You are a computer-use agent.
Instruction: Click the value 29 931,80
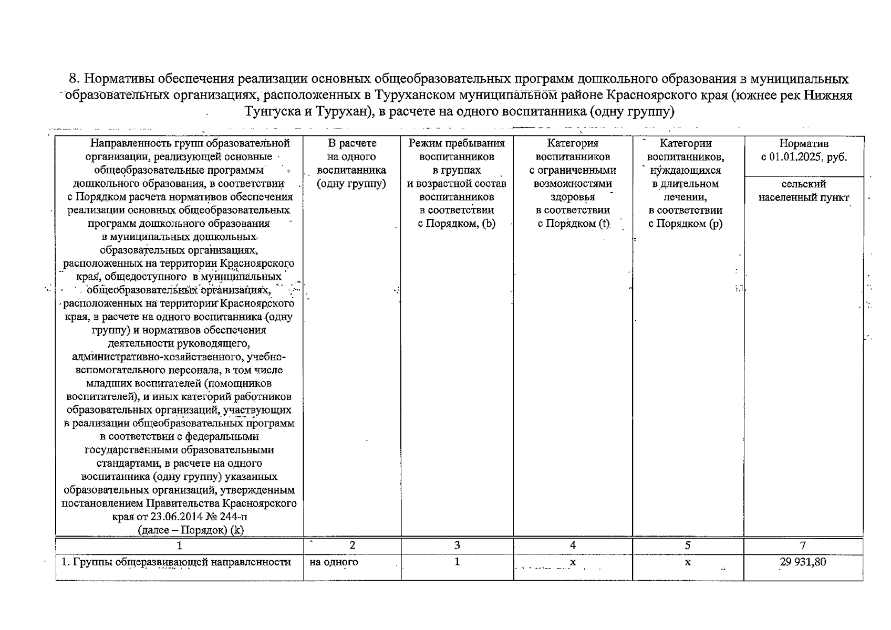pos(803,562)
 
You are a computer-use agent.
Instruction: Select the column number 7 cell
pos(803,545)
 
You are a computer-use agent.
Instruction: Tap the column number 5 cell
pos(687,545)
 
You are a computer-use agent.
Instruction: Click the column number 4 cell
pos(573,545)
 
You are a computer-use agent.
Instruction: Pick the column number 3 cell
pos(457,545)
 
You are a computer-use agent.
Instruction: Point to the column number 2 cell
pos(352,545)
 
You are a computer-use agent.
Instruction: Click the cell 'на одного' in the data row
pos(334,562)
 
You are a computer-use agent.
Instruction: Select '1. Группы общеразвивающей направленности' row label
pos(176,562)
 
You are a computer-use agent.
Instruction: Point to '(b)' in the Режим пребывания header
pos(489,224)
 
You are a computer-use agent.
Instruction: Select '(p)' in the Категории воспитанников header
pos(716,224)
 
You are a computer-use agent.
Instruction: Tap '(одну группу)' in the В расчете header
pos(351,184)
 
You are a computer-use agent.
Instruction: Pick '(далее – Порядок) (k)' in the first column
pos(190,530)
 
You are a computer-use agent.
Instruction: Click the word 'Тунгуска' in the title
pos(272,112)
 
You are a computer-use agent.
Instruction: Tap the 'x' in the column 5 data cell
pos(687,562)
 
